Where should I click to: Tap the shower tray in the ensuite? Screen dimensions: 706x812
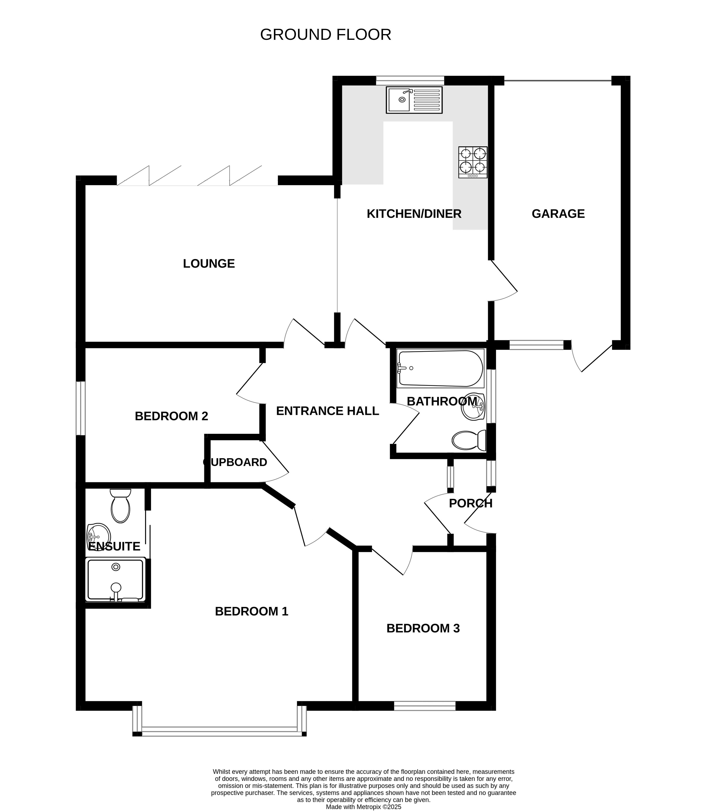(x=116, y=579)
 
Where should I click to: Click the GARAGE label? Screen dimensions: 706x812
(x=558, y=214)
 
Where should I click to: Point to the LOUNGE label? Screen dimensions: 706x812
(x=209, y=264)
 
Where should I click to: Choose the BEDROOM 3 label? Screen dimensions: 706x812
(x=423, y=628)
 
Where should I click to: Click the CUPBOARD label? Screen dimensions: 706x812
(x=235, y=462)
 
